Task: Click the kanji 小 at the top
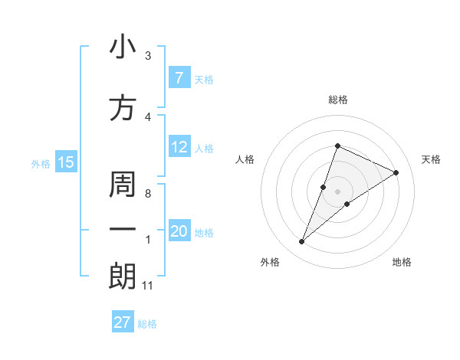tap(123, 47)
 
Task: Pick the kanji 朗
tap(123, 276)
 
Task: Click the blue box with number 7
tap(179, 78)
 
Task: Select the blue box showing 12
tap(179, 148)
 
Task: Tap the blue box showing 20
tap(179, 232)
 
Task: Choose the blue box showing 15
tap(65, 162)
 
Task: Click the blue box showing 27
tap(123, 322)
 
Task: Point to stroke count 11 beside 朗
tap(148, 286)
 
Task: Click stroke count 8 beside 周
tap(148, 194)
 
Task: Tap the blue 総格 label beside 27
tap(147, 323)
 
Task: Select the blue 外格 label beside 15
tap(41, 163)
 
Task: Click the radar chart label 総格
tap(338, 100)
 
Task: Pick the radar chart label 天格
tap(432, 159)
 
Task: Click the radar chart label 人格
tap(245, 159)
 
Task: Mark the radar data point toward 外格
tap(302, 242)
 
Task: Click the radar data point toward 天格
tap(396, 173)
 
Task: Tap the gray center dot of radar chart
tap(338, 191)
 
